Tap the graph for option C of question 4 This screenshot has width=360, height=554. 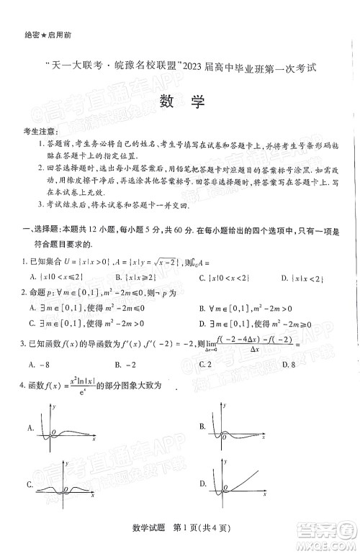(65, 489)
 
